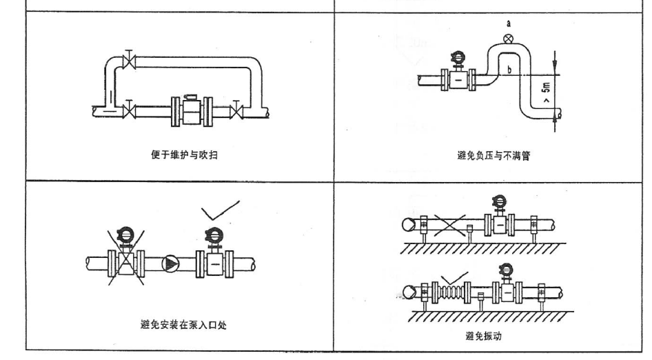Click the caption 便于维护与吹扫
pos(181,154)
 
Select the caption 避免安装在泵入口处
pos(181,323)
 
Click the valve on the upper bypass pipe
pos(127,60)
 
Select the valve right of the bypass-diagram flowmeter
pos(236,109)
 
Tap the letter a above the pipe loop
pos(509,23)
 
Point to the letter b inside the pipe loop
pos(509,70)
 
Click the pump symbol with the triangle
pos(168,263)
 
